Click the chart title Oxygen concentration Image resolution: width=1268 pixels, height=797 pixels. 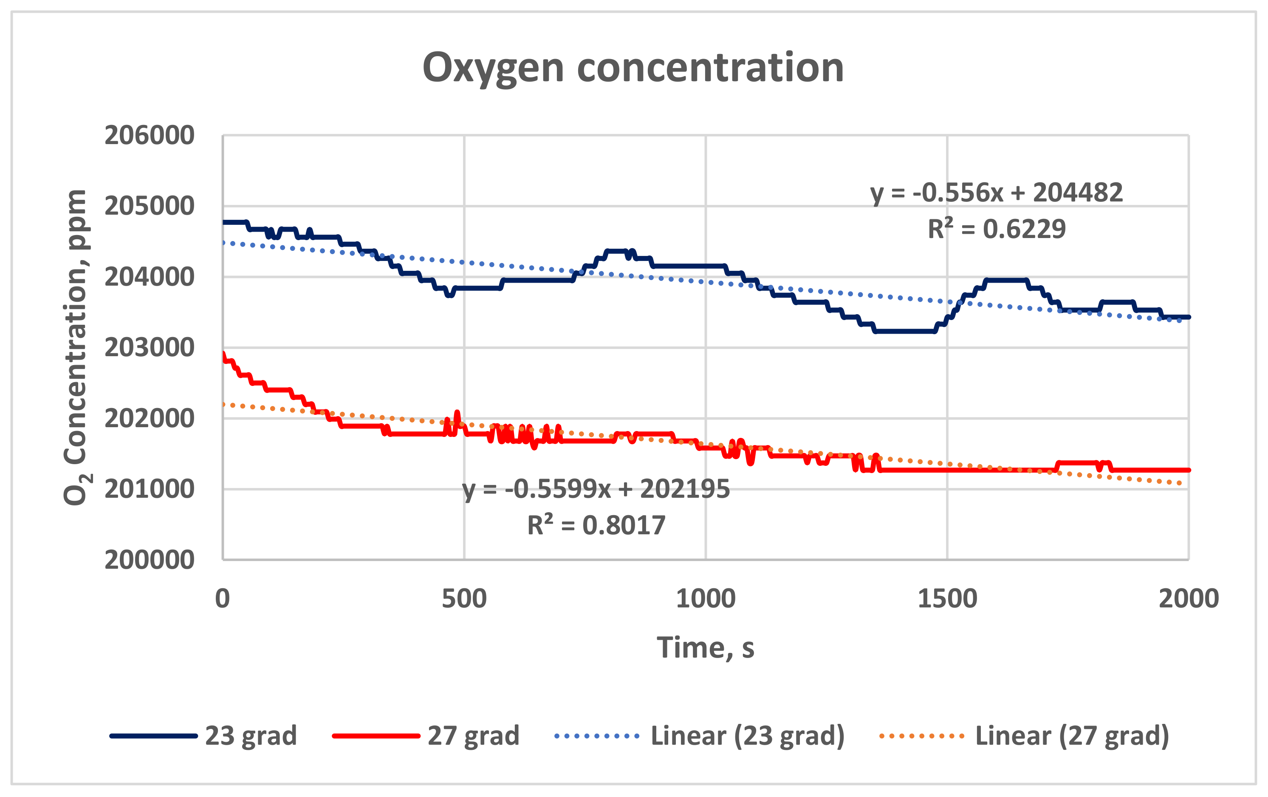pyautogui.click(x=633, y=68)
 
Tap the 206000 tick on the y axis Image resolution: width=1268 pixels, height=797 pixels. pyautogui.click(x=150, y=136)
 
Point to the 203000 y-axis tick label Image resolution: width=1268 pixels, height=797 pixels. pyautogui.click(x=150, y=348)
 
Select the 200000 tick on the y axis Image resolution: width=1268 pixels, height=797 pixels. pyautogui.click(x=150, y=560)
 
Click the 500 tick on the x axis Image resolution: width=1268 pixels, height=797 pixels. pyautogui.click(x=464, y=599)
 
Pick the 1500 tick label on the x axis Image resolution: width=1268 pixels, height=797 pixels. pyautogui.click(x=947, y=599)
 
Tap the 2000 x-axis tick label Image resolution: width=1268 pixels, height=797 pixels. pyautogui.click(x=1189, y=599)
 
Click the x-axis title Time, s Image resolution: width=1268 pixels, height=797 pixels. pyautogui.click(x=705, y=647)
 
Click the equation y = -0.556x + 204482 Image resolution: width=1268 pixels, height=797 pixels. pyautogui.click(x=996, y=193)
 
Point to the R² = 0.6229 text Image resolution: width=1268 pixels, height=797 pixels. pyautogui.click(x=996, y=229)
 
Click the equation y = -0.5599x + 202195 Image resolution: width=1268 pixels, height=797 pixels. pyautogui.click(x=596, y=489)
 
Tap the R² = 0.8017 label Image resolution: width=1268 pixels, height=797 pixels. pyautogui.click(x=596, y=526)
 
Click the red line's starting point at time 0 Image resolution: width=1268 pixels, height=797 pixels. pyautogui.click(x=224, y=354)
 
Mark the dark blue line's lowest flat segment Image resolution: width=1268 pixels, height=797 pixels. pyautogui.click(x=905, y=331)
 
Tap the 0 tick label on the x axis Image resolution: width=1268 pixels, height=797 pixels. pyautogui.click(x=223, y=599)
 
